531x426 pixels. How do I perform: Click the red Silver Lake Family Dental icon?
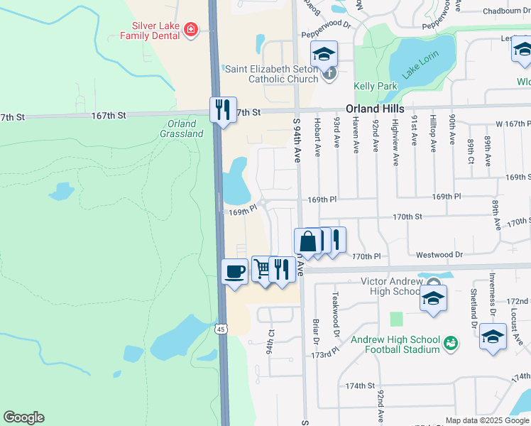tap(190, 29)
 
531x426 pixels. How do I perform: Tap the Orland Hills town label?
tap(375, 109)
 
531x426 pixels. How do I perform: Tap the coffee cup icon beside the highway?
tap(235, 271)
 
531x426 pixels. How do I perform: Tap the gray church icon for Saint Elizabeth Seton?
tap(328, 72)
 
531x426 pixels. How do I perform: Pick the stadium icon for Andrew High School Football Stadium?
tap(449, 344)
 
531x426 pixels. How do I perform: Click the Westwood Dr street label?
tap(439, 254)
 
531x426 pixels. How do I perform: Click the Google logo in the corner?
tap(23, 417)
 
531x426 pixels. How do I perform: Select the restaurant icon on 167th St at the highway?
tap(223, 109)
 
